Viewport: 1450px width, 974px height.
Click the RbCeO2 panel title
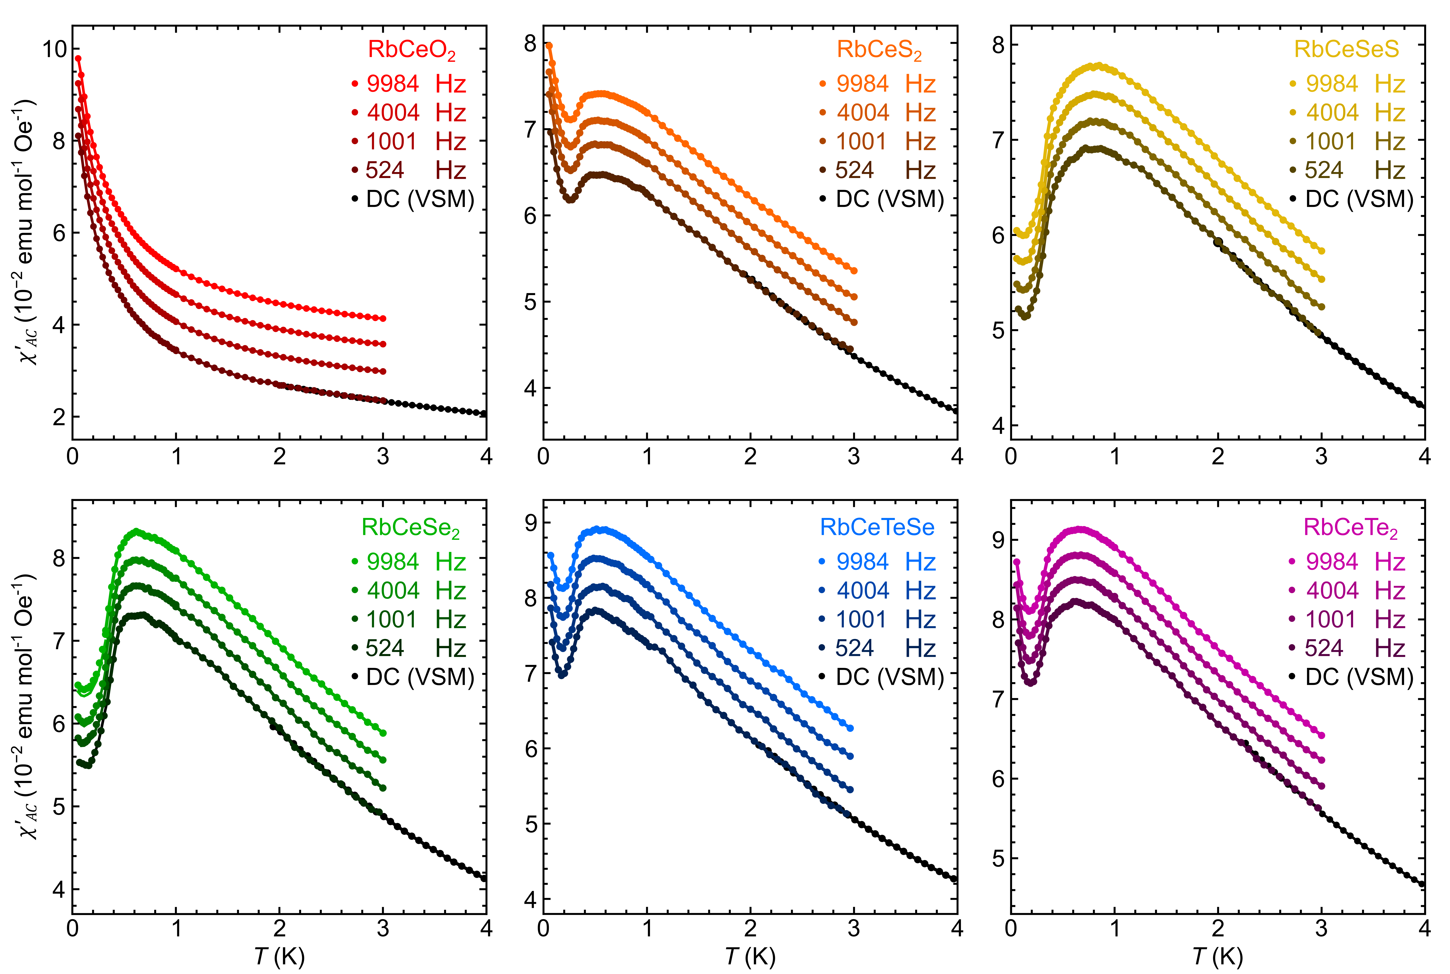(411, 50)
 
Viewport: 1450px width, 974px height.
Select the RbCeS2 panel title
(879, 50)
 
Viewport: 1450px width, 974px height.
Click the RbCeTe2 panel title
(1350, 527)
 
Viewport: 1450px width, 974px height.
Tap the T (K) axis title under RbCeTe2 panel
(1218, 957)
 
